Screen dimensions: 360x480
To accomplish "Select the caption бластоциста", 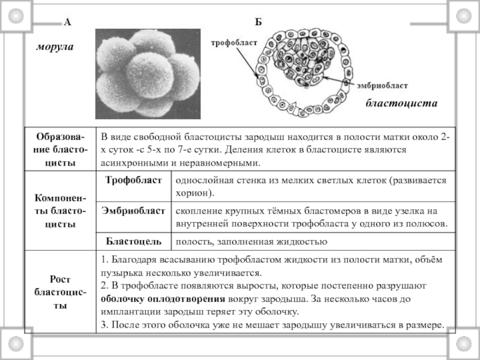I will click(x=401, y=104).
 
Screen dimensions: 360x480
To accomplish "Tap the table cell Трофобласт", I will click(x=133, y=180).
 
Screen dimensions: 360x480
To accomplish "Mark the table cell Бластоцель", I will click(x=133, y=241).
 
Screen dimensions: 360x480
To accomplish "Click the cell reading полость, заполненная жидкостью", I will click(x=250, y=241).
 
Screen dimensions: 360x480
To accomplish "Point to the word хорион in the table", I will click(x=193, y=194).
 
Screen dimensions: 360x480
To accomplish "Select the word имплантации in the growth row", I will click(x=134, y=312).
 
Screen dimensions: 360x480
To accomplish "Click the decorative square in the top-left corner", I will click(x=14, y=14).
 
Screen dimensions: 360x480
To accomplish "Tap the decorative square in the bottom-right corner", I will click(x=466, y=347).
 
